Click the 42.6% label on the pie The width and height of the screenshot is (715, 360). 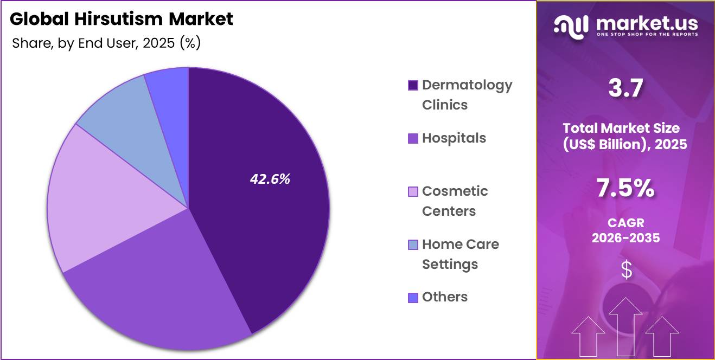tap(270, 179)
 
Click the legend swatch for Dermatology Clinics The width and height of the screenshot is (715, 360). tap(413, 85)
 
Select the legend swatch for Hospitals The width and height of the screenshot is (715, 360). tap(413, 138)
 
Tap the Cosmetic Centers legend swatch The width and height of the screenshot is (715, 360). tap(413, 191)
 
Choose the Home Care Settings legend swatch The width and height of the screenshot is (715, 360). tap(413, 245)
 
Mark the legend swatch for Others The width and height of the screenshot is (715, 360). tap(413, 298)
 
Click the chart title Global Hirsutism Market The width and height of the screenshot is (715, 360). tap(122, 19)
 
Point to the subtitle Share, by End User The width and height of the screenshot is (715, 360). tap(106, 43)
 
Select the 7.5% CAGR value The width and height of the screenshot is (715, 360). tap(625, 189)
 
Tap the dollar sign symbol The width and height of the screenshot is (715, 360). tap(626, 269)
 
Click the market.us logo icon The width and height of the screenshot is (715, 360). tap(571, 26)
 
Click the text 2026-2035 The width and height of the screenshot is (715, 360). tap(625, 237)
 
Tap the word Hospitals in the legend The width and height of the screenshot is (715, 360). tap(454, 138)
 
